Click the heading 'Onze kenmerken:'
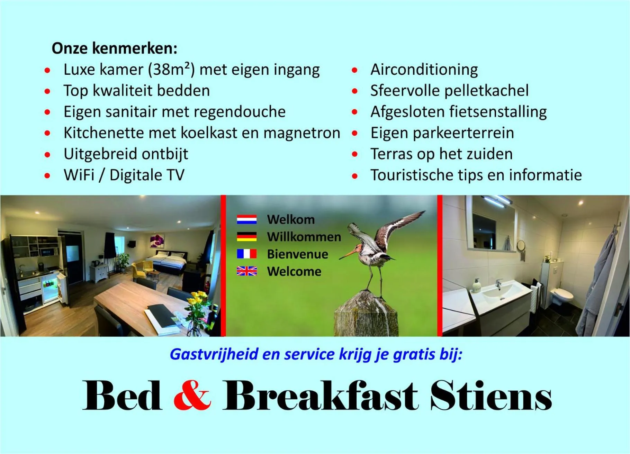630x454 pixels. (114, 48)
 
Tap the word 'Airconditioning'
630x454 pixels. (424, 70)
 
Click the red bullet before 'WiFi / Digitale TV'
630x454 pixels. (47, 175)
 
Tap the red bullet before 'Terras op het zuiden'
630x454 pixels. (354, 154)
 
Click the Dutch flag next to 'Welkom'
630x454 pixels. (247, 219)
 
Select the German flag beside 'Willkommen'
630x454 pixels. (247, 237)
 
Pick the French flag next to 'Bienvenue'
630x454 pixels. (247, 254)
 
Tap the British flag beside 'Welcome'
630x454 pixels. (247, 271)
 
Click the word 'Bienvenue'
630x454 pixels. (297, 254)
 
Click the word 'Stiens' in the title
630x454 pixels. (491, 395)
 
